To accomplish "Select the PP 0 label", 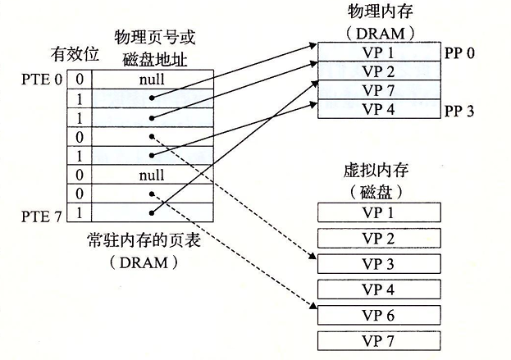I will coord(461,52).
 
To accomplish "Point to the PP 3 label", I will coord(461,110).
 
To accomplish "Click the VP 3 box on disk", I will coord(379,264).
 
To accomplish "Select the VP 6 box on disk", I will coord(379,315).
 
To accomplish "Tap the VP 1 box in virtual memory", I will coord(379,213).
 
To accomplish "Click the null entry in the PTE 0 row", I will coord(152,80).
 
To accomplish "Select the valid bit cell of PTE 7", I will coord(80,214).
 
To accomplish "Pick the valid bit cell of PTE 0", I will coord(80,80).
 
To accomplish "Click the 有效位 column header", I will coord(75,54).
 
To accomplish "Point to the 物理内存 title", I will coord(376,14).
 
